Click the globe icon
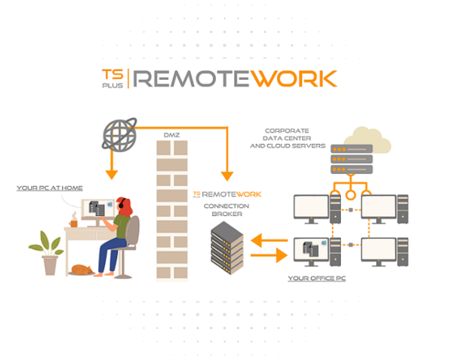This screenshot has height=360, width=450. click(119, 135)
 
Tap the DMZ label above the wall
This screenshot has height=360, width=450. click(172, 135)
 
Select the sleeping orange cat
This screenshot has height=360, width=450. click(82, 269)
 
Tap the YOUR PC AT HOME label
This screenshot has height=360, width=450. click(50, 188)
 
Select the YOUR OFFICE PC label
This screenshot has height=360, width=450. click(317, 278)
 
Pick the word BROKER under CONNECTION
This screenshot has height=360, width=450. click(227, 214)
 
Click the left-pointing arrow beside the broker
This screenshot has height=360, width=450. click(269, 240)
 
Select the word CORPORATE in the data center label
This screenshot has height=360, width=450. click(287, 131)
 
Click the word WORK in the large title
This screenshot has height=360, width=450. click(293, 79)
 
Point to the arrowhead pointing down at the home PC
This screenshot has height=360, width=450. click(112, 174)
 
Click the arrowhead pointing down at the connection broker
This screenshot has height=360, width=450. click(227, 175)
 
